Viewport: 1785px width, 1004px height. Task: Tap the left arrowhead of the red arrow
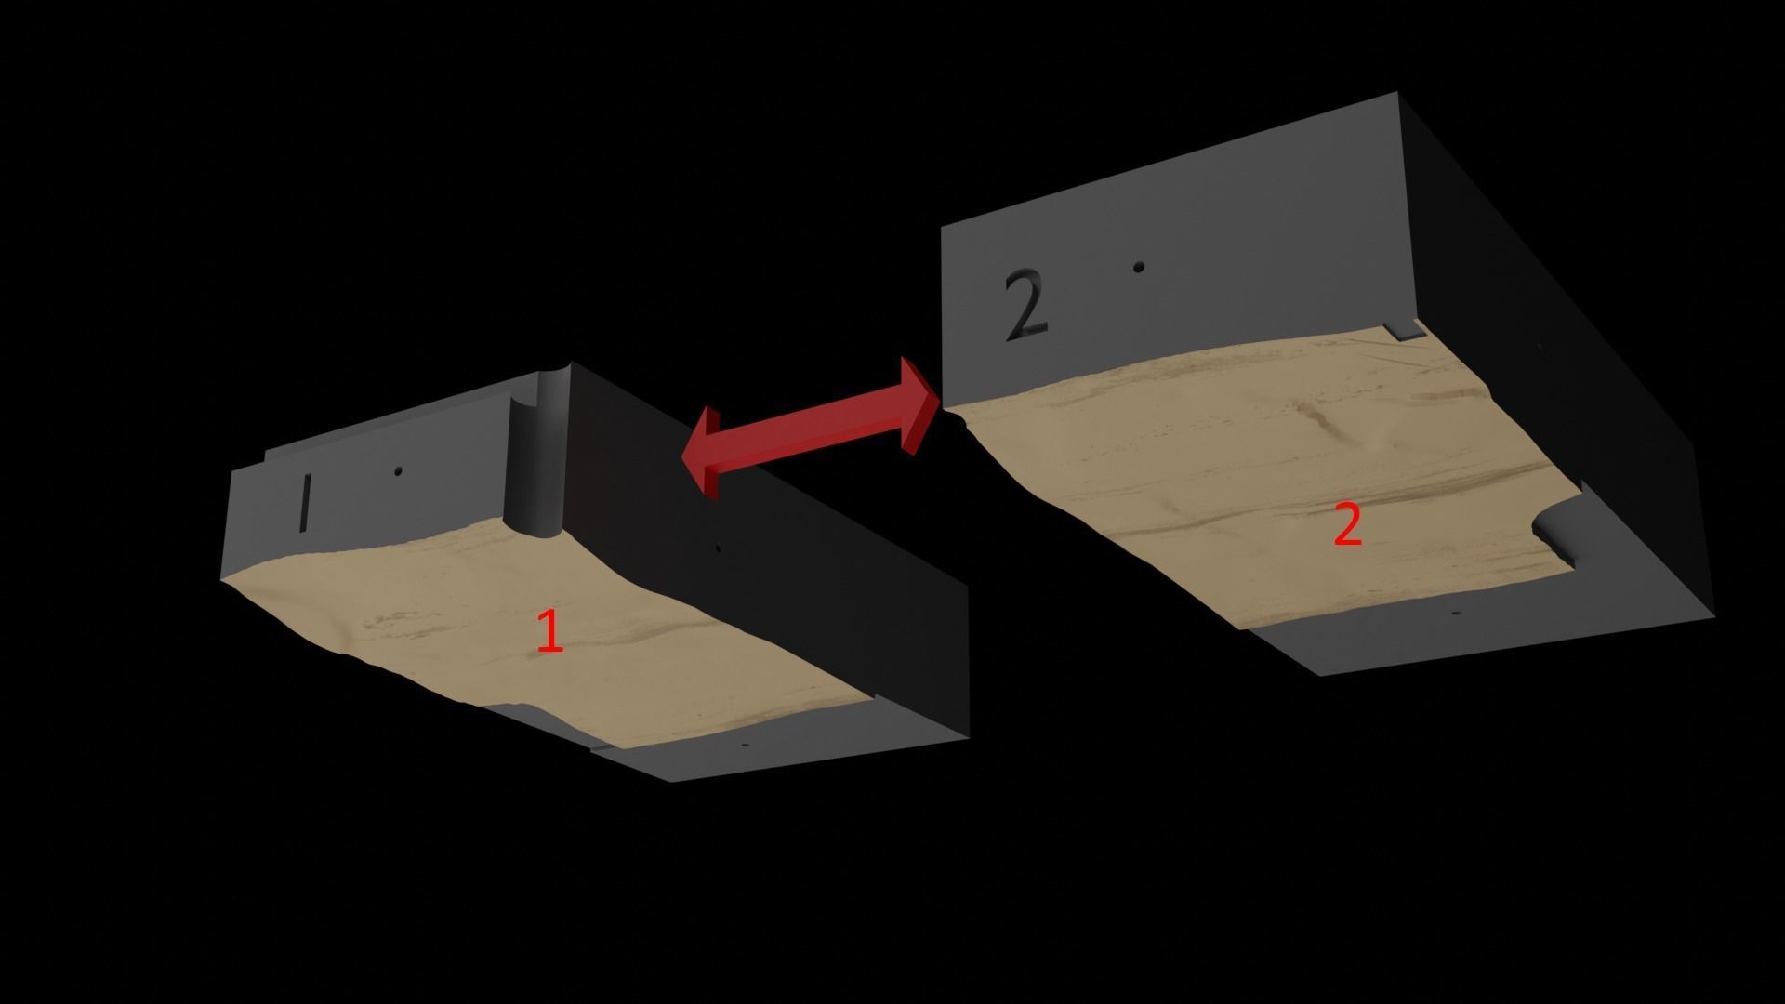pos(701,453)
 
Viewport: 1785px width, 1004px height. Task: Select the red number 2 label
pos(1347,525)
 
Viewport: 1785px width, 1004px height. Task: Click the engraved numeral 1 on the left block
pos(304,503)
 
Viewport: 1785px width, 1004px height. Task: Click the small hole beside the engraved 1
pos(398,471)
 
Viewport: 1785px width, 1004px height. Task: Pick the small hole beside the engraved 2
pos(1139,268)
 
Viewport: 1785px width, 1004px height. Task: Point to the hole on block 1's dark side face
pos(717,548)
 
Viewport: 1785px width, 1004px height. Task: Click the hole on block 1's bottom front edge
pos(744,746)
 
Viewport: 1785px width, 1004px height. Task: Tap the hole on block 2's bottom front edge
pos(1456,614)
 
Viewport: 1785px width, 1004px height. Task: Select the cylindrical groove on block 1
pos(536,456)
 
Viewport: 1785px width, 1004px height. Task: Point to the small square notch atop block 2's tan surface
pos(1403,330)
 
